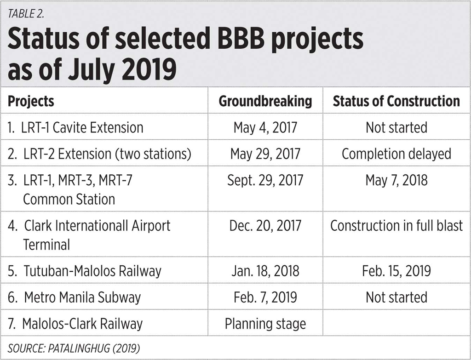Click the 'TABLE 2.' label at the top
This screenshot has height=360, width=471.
pyautogui.click(x=26, y=13)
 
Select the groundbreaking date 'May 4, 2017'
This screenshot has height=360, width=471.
pyautogui.click(x=265, y=128)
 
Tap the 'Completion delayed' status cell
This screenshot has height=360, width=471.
pyautogui.click(x=396, y=154)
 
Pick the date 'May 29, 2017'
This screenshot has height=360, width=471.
pyautogui.click(x=265, y=154)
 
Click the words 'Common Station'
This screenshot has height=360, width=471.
pyautogui.click(x=69, y=199)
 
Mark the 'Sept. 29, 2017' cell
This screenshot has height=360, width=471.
pyautogui.click(x=265, y=180)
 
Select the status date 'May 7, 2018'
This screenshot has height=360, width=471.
pyautogui.click(x=396, y=180)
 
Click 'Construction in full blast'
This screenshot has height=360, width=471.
pyautogui.click(x=396, y=225)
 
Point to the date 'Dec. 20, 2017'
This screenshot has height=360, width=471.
pyautogui.click(x=265, y=226)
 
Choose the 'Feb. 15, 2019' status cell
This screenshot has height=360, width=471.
pyautogui.click(x=396, y=271)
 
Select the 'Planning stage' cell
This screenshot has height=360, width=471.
pyautogui.click(x=265, y=324)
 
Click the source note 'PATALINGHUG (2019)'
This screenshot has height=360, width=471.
pyautogui.click(x=94, y=349)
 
